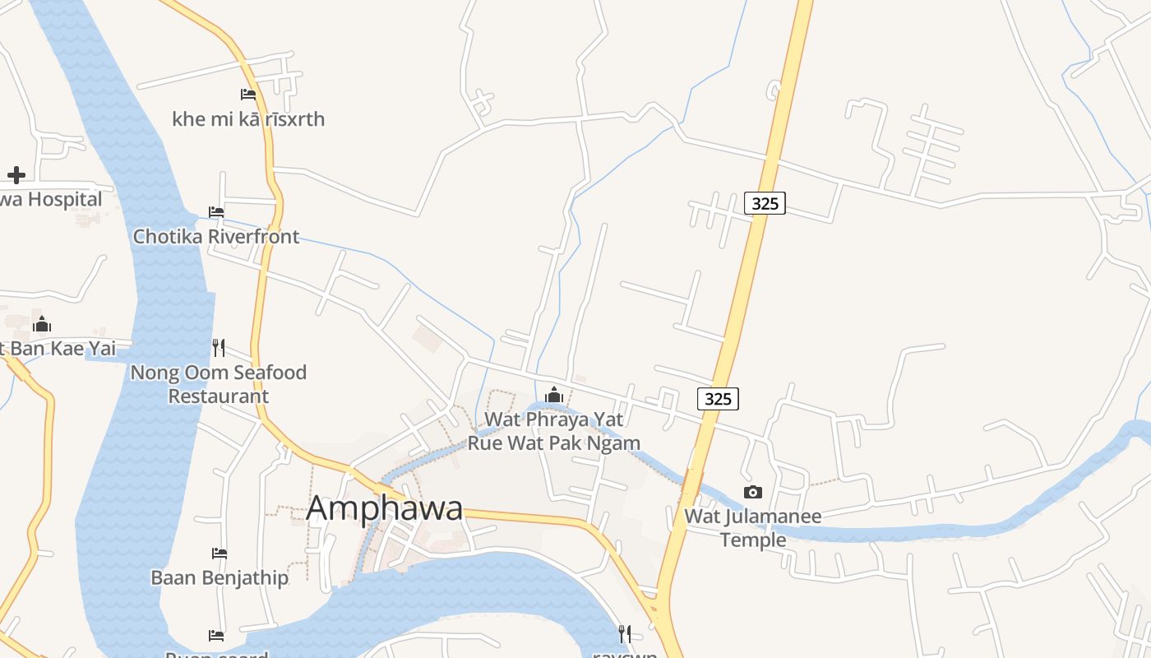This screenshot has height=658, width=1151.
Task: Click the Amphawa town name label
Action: [385, 508]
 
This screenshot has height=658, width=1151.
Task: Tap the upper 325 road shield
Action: [765, 203]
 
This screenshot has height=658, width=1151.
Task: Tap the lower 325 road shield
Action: [718, 399]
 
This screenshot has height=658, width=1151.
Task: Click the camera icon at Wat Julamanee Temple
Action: [752, 493]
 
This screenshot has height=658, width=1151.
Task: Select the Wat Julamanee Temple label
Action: [753, 528]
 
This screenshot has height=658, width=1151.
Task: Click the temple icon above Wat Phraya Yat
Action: [554, 396]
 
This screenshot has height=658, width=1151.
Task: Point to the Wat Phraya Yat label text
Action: [554, 419]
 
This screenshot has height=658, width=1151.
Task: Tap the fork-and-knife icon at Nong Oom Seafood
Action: [218, 348]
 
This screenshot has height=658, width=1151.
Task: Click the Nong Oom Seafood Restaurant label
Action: [218, 384]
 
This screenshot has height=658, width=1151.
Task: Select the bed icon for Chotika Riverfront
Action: [216, 212]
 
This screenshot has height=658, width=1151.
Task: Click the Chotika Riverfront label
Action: [216, 237]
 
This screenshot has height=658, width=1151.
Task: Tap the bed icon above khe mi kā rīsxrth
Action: [248, 95]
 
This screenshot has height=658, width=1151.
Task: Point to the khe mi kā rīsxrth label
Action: [248, 119]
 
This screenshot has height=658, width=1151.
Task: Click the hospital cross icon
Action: [16, 174]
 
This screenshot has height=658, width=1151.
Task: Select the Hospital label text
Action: [52, 199]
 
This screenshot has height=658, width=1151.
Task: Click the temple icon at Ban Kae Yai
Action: [42, 324]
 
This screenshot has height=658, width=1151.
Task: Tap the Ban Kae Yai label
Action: [59, 349]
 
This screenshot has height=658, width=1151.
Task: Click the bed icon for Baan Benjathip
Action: [219, 553]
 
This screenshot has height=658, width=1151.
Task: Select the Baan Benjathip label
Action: [220, 577]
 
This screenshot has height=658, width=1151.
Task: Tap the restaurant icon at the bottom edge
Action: [625, 633]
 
